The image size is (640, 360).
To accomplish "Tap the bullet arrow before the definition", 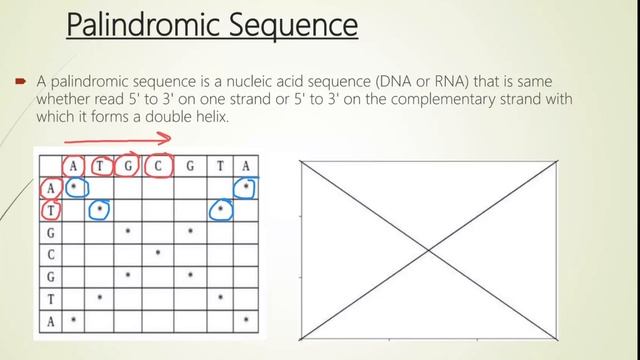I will pyautogui.click(x=18, y=80).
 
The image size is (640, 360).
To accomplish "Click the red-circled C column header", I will pyautogui.click(x=157, y=165).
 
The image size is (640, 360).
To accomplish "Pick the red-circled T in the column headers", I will pyautogui.click(x=100, y=165).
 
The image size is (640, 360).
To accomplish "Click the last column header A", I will pyautogui.click(x=246, y=165).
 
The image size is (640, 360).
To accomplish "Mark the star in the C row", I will pyautogui.click(x=158, y=254).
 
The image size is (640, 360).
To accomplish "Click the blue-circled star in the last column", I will pyautogui.click(x=246, y=187).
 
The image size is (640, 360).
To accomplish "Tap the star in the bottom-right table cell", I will pyautogui.click(x=246, y=320).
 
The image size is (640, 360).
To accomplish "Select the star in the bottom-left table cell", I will pyautogui.click(x=74, y=320).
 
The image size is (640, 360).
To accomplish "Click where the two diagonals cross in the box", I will pyautogui.click(x=428, y=249).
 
